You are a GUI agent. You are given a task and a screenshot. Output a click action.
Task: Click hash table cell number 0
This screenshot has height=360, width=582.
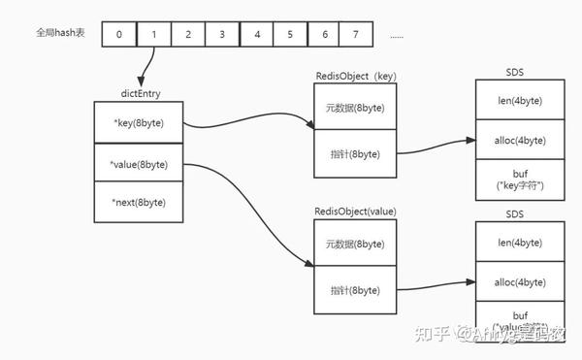(118, 35)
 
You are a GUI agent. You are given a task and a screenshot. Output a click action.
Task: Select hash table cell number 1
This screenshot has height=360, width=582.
(153, 35)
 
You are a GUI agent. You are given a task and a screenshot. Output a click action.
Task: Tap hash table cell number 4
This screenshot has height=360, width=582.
(256, 35)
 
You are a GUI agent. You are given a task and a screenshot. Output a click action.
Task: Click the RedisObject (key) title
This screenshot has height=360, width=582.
(355, 75)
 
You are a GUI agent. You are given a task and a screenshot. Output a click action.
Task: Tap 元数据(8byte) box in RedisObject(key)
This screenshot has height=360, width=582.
(356, 107)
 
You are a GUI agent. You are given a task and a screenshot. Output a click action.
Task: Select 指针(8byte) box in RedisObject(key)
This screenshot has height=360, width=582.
(356, 153)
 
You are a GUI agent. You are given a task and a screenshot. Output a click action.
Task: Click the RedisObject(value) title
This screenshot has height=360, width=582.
(355, 211)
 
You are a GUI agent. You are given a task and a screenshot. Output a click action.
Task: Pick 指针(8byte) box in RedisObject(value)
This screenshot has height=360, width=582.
(356, 290)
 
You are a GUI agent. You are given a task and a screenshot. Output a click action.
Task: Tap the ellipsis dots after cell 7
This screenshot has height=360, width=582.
(396, 36)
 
